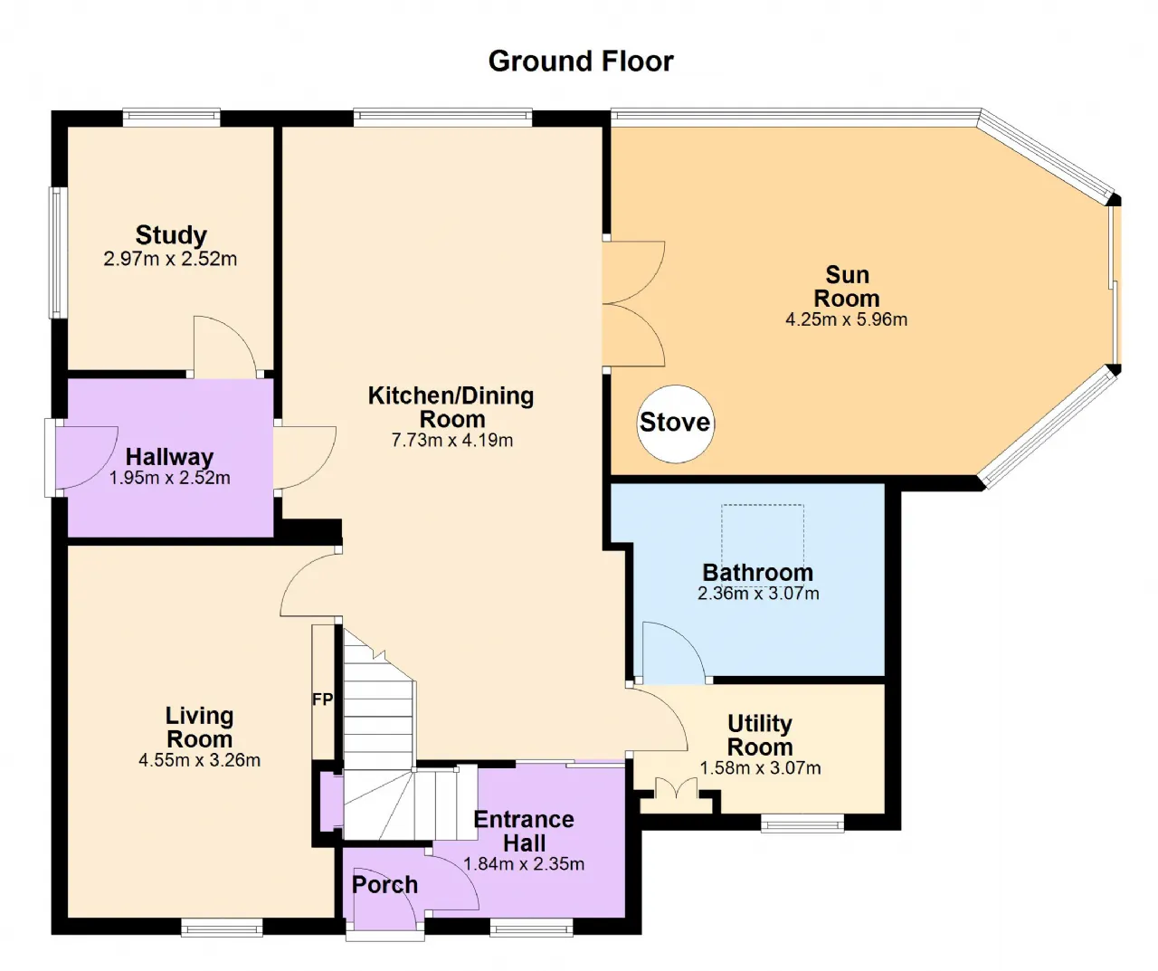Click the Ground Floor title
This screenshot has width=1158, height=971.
pyautogui.click(x=581, y=61)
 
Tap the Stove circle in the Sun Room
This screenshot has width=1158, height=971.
pyautogui.click(x=675, y=424)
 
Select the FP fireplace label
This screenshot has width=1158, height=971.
pyautogui.click(x=322, y=700)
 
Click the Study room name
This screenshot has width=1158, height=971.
pyautogui.click(x=171, y=235)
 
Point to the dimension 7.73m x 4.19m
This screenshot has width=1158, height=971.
pyautogui.click(x=452, y=441)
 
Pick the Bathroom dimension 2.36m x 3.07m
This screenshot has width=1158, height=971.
pyautogui.click(x=758, y=594)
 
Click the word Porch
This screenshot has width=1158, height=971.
pyautogui.click(x=384, y=884)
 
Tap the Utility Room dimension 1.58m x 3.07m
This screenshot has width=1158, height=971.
pyautogui.click(x=760, y=768)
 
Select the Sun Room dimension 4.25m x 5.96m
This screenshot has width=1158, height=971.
pyautogui.click(x=846, y=319)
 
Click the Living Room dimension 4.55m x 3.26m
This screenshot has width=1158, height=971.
pyautogui.click(x=199, y=760)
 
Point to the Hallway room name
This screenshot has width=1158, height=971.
pyautogui.click(x=169, y=457)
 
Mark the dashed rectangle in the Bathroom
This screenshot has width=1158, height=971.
pyautogui.click(x=763, y=544)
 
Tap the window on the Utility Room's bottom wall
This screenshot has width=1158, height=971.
pyautogui.click(x=802, y=823)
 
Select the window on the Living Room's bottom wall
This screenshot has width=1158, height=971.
pyautogui.click(x=222, y=928)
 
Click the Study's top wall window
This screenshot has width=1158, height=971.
pyautogui.click(x=171, y=116)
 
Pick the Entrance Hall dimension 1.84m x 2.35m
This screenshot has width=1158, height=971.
pyautogui.click(x=524, y=864)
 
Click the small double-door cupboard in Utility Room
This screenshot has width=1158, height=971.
pyautogui.click(x=676, y=789)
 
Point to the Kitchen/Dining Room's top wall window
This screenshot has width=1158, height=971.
pyautogui.click(x=442, y=116)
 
